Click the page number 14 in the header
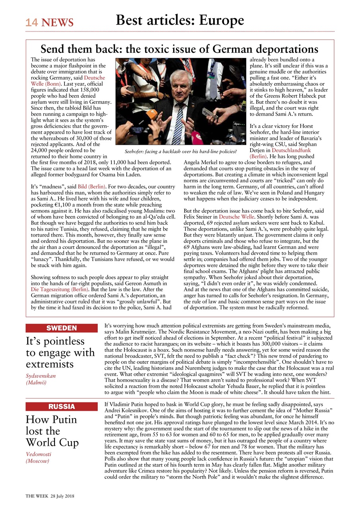[32, 23]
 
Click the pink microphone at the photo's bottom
[197, 140]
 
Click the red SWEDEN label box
[61, 328]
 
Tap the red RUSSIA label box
[61, 406]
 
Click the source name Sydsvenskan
[41, 375]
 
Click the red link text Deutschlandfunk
[291, 151]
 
